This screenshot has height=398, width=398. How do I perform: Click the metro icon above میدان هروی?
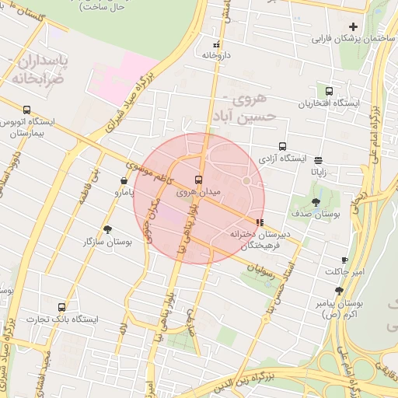click(199, 180)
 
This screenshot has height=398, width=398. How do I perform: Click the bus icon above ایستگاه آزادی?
click(282, 146)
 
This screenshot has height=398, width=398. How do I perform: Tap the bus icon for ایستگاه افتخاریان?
click(329, 91)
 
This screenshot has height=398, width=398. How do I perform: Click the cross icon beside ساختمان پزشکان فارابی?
click(353, 27)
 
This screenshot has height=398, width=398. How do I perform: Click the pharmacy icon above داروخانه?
click(216, 44)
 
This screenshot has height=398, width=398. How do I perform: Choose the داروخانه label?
click(216, 56)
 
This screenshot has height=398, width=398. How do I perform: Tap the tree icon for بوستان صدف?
click(315, 201)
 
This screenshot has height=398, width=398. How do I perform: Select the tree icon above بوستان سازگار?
click(107, 229)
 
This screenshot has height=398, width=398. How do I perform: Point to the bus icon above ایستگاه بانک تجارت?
click(62, 307)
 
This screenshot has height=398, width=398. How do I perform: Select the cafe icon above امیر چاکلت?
click(344, 260)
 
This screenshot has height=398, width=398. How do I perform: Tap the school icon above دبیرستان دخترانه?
click(259, 222)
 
